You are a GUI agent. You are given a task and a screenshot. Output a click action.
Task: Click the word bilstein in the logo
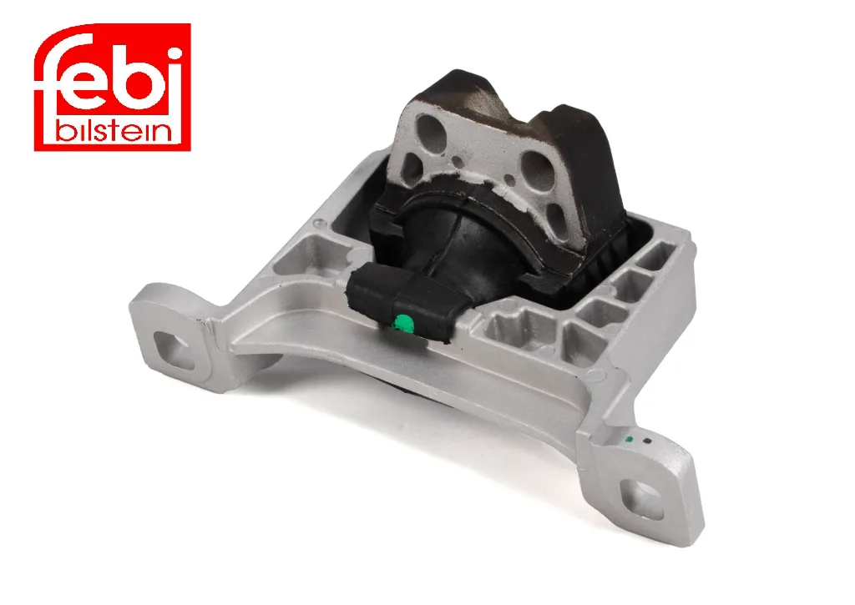coord(114,131)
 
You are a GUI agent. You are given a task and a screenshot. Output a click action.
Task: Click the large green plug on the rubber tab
coord(403,324)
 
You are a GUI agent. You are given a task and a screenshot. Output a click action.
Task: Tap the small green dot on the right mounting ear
coord(630,439)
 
